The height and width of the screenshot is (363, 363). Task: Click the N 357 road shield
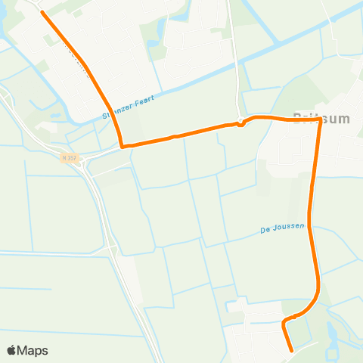[x=70, y=158]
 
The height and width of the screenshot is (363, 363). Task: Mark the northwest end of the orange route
[x=42, y=13]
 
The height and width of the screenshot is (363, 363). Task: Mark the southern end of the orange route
[x=292, y=350]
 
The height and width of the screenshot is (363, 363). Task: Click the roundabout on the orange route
[x=240, y=122]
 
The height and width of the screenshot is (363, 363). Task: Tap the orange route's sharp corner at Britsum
[x=319, y=120]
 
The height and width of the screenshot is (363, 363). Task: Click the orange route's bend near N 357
[x=122, y=144]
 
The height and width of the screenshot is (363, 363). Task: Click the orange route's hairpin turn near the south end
[x=284, y=324]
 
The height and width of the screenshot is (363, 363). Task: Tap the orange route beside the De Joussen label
[x=311, y=226]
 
